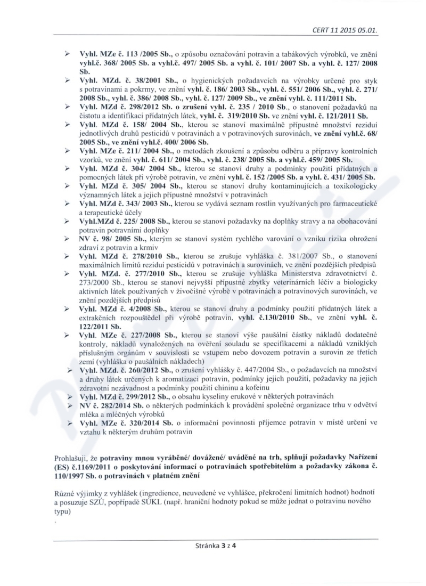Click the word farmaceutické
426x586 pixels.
351,205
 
